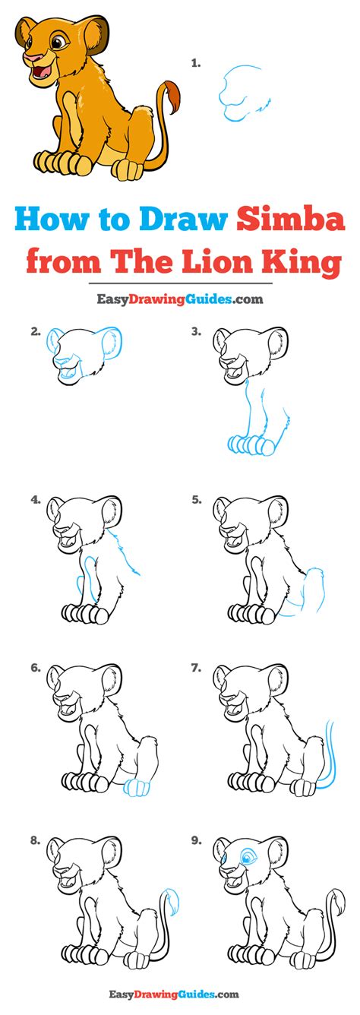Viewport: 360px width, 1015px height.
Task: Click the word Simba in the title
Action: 291,220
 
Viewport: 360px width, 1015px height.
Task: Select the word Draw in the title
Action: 183,220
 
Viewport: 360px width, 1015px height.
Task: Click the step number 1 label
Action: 196,64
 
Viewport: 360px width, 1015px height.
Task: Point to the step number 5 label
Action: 196,500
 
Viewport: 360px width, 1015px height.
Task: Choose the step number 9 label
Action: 196,840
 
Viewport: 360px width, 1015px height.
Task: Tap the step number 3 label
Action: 196,332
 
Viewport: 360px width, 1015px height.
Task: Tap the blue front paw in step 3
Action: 252,444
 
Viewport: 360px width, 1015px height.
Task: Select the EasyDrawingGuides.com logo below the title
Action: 180,299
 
